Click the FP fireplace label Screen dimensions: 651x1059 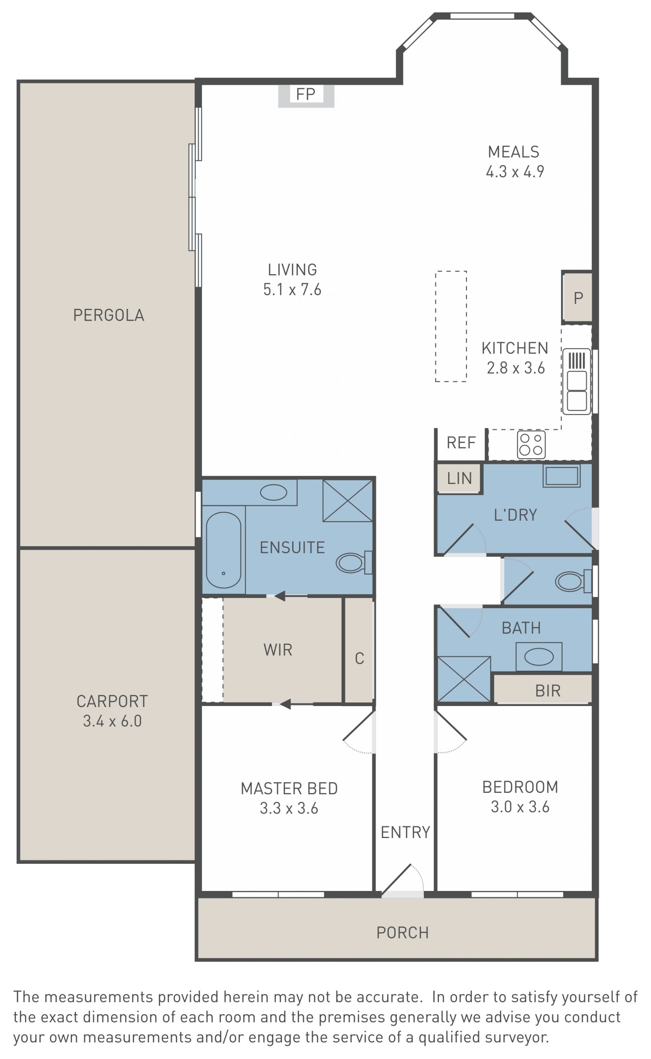pos(306,94)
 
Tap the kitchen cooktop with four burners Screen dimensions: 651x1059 pos(531,444)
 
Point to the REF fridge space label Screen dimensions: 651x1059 pos(461,443)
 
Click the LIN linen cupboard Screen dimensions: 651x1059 pos(459,478)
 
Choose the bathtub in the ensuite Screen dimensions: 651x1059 pos(223,550)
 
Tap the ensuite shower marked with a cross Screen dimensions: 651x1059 pos(348,501)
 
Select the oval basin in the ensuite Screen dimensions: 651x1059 pos(273,492)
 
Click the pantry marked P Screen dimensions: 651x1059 pos(577,297)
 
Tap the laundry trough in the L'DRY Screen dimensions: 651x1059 pos(561,476)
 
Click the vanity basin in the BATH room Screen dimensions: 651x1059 pos(539,657)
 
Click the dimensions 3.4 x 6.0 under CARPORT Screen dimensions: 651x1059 pos(112,721)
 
